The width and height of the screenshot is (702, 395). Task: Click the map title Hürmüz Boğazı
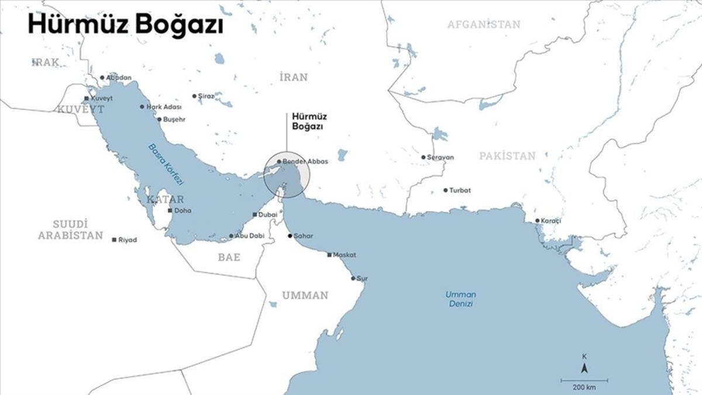[125, 26]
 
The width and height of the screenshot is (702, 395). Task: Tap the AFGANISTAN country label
[483, 25]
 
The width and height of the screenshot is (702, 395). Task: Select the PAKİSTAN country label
[507, 156]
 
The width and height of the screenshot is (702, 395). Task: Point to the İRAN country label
[293, 77]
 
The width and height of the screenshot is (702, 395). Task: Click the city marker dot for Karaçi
[538, 221]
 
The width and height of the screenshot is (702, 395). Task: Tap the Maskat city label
[345, 255]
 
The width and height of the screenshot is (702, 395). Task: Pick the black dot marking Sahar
[290, 236]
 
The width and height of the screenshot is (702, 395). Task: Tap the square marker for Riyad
[114, 240]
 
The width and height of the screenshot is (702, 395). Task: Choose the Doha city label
[183, 210]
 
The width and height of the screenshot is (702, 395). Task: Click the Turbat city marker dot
[445, 190]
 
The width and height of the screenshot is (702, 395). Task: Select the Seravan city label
[441, 157]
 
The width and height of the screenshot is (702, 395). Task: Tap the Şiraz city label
[207, 96]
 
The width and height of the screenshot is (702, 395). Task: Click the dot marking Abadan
[102, 77]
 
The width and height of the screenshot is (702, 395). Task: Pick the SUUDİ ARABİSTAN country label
[71, 229]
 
